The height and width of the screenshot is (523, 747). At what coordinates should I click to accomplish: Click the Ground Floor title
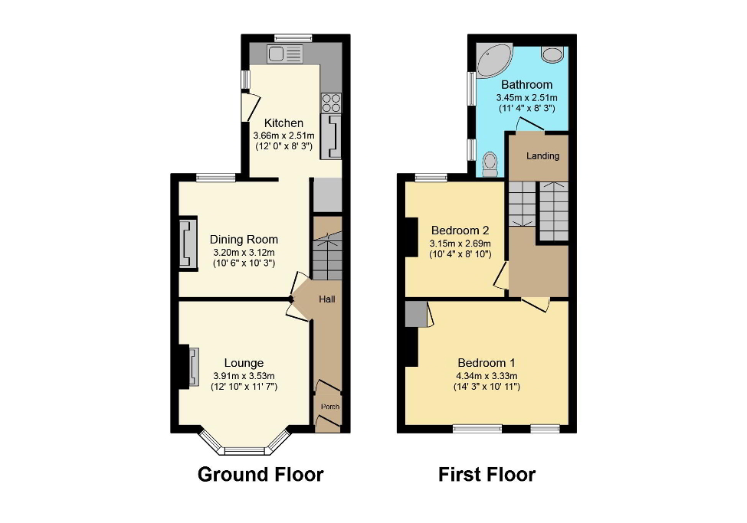[260, 475]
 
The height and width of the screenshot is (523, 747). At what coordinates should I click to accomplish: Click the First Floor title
[487, 475]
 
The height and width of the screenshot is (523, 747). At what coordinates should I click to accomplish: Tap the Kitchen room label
[283, 123]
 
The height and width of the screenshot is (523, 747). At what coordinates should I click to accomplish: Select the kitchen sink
[285, 54]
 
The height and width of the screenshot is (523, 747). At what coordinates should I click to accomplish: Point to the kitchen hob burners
[332, 103]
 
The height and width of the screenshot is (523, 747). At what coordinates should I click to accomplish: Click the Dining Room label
[244, 240]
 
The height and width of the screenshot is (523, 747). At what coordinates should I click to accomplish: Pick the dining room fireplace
[185, 244]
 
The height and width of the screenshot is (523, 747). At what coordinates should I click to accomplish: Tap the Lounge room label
[244, 363]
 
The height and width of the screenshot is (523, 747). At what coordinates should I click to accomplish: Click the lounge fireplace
[192, 368]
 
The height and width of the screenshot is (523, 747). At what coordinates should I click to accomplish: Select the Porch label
[329, 407]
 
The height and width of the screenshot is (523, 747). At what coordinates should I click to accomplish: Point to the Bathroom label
[526, 85]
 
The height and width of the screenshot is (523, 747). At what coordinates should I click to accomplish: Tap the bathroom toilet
[490, 163]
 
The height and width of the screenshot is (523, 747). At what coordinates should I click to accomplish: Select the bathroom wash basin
[551, 54]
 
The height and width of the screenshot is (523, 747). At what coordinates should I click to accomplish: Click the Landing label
[542, 156]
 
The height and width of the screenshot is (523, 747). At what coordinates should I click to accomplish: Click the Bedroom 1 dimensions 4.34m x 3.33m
[487, 375]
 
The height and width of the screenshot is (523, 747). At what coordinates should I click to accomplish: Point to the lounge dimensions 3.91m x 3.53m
[244, 375]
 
